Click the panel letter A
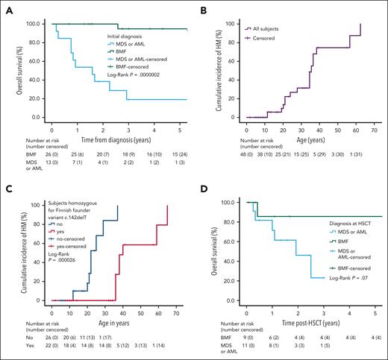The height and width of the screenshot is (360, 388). coord(5,6)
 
